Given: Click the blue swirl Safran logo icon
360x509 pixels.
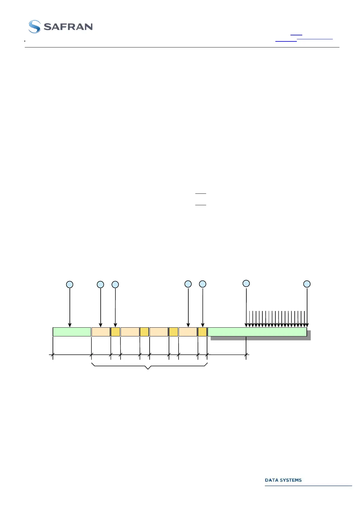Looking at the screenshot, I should [34, 27].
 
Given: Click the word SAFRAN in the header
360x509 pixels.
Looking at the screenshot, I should [68, 27].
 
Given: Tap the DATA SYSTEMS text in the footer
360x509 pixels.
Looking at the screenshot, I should [283, 480].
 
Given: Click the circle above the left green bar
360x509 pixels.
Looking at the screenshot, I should [70, 284].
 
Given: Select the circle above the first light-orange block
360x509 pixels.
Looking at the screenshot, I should [100, 284].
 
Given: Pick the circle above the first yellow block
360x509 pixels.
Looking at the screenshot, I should [115, 284].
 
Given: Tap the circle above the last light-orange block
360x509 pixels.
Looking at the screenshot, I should [188, 284].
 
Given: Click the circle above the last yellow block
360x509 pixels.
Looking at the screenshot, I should [203, 284].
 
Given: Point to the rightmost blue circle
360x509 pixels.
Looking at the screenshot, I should [307, 284].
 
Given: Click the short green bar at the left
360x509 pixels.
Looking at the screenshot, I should [72, 332].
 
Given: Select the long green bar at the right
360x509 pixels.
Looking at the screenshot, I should [257, 332].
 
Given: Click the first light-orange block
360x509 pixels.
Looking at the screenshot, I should [101, 332].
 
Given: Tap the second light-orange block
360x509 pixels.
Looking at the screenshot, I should [130, 332].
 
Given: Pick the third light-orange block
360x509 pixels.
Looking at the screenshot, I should [159, 332].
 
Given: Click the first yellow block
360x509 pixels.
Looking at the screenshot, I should [115, 332].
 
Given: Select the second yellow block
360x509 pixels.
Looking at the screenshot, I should [144, 332].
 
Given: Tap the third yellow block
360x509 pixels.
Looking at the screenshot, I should [173, 332].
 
